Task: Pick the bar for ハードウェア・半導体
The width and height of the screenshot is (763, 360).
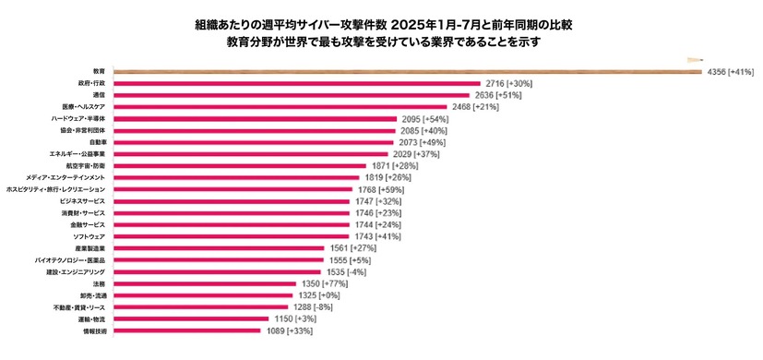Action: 255,119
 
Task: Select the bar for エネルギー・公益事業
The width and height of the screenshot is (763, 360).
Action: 250,154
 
